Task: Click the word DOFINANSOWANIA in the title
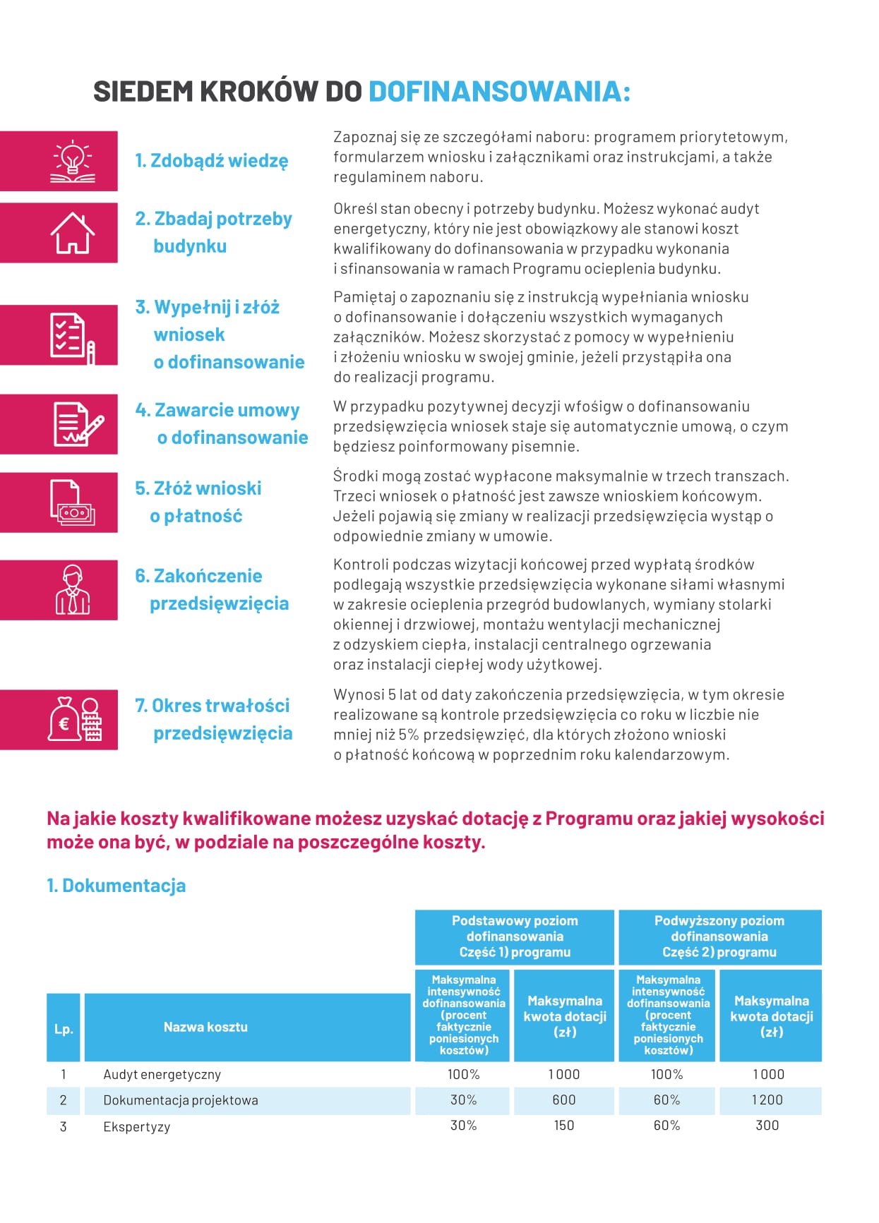coord(499,92)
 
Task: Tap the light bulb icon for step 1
coord(72,162)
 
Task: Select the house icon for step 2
coord(72,233)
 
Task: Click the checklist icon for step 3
coord(72,336)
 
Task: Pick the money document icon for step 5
coord(72,502)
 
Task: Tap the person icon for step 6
coord(72,590)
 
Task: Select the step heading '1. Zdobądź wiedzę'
coord(212,161)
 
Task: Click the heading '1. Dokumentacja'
coord(116,886)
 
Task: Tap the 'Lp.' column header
coord(64,1028)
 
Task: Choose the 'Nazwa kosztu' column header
coord(205,1027)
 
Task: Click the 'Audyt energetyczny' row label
coord(162,1075)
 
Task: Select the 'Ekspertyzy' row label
coord(136,1127)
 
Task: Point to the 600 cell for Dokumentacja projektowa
coord(563,1100)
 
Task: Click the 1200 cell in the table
coord(767,1100)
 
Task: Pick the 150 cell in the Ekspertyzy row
coord(563,1126)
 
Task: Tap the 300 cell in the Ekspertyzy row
coord(767,1126)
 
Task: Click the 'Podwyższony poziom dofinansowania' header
coord(719,936)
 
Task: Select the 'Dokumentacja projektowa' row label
coord(181,1100)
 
